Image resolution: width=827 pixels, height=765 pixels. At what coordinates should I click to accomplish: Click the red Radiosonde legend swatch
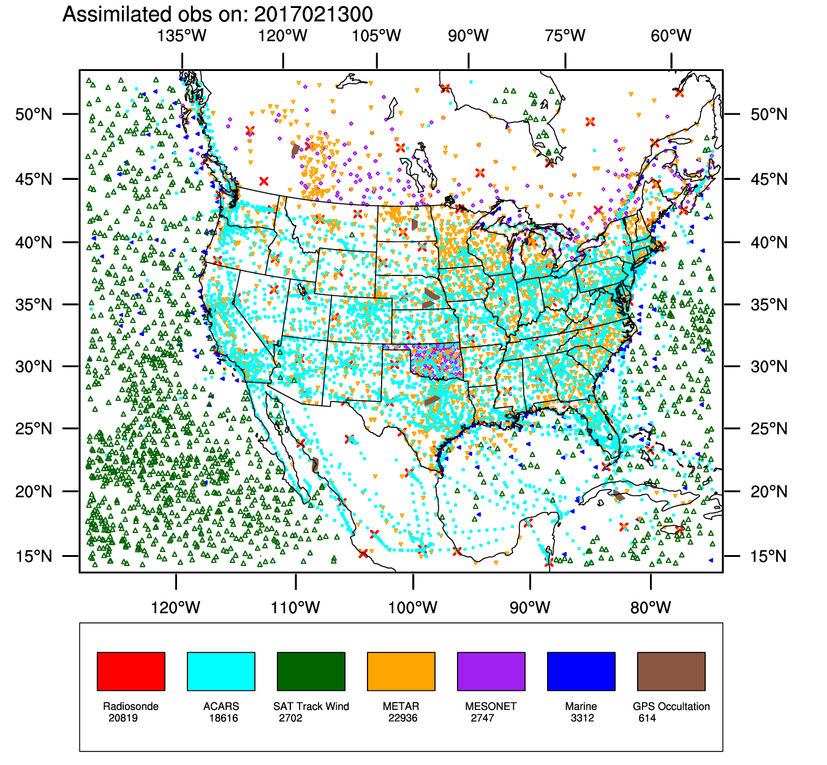131,671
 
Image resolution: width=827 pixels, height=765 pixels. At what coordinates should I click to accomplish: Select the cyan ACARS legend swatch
221,671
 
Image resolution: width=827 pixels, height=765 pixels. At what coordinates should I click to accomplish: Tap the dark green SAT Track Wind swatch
311,671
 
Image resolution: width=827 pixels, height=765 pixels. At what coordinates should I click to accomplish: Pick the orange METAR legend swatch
401,671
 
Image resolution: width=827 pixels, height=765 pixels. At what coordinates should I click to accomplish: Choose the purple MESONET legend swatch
491,671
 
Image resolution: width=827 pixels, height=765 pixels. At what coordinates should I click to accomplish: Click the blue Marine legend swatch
581,671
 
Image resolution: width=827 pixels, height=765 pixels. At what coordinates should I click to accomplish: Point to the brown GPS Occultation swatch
671,671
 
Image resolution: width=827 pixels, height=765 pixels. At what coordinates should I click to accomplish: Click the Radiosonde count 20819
123,718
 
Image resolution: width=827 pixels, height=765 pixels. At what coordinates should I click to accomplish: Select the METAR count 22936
402,718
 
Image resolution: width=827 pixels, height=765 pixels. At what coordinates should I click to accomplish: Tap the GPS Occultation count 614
647,718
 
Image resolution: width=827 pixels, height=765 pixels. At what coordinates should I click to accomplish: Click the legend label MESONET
491,706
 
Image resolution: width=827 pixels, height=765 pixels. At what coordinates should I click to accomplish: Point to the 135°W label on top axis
182,35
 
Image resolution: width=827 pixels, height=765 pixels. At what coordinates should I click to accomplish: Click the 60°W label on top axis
671,35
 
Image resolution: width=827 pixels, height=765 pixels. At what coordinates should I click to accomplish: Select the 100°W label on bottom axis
413,608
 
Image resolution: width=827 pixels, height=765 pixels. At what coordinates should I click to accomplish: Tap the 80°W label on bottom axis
651,608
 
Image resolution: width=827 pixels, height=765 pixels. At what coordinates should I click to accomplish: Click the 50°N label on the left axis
34,114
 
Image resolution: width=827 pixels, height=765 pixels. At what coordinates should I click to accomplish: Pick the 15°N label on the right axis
769,556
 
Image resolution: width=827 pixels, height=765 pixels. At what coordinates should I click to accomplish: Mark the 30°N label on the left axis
34,367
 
